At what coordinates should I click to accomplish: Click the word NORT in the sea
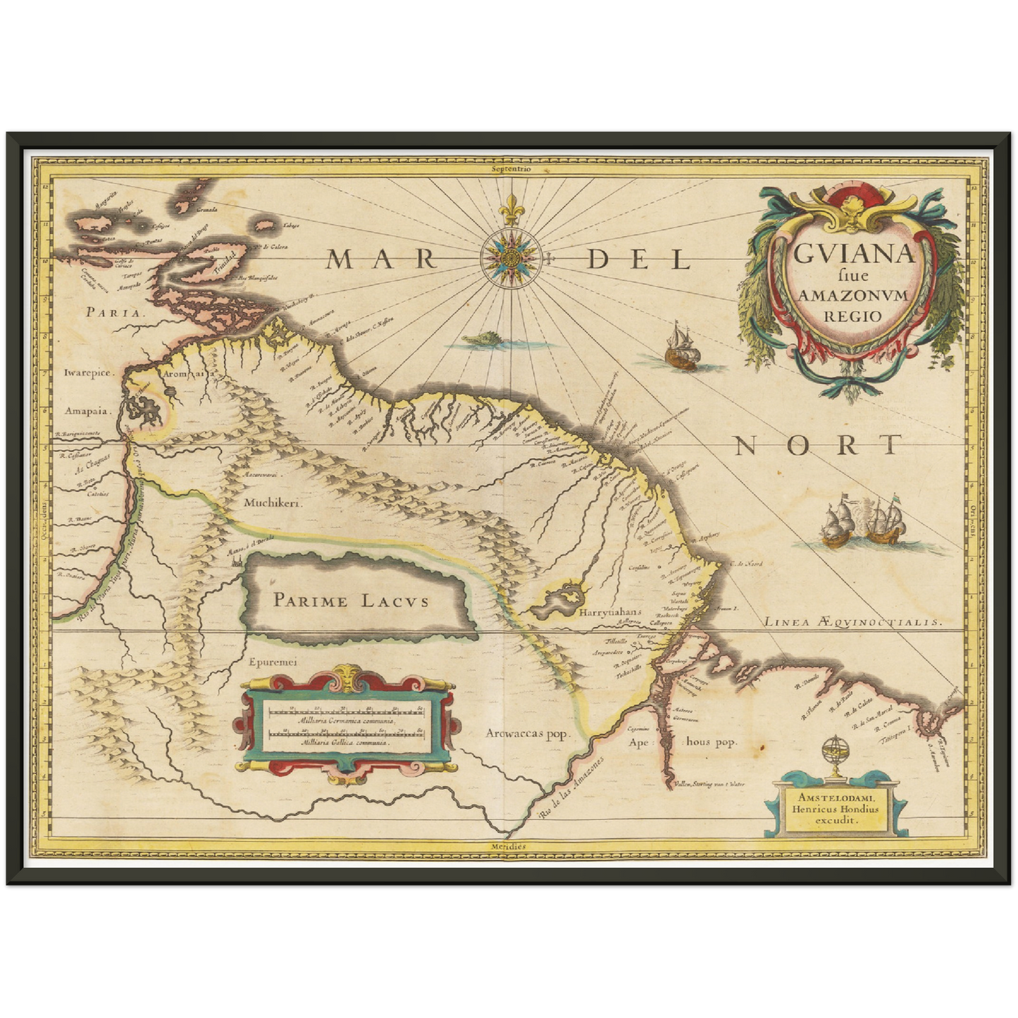tap(819, 445)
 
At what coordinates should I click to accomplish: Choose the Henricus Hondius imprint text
tap(836, 809)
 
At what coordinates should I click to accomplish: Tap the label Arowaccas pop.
tap(526, 733)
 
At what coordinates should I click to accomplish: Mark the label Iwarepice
tap(87, 373)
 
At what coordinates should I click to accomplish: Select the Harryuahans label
tap(609, 613)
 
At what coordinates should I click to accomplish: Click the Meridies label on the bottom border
tap(511, 845)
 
